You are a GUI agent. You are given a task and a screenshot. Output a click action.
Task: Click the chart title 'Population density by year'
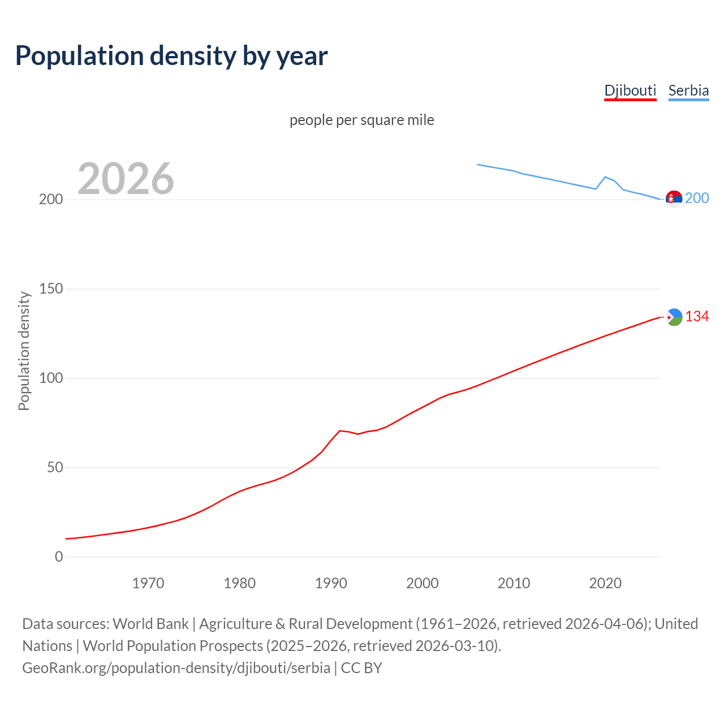(x=171, y=56)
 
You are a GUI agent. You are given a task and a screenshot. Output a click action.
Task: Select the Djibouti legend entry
(x=630, y=90)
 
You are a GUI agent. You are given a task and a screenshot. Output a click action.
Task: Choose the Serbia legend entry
(x=688, y=90)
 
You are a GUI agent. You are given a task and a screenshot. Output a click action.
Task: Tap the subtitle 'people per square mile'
(x=362, y=120)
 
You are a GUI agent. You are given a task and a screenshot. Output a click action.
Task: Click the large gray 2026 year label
(x=126, y=179)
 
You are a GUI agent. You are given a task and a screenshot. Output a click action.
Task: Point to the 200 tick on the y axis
(x=50, y=200)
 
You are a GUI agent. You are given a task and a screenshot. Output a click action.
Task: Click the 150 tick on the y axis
(x=50, y=289)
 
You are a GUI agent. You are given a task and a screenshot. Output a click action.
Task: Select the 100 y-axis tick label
(x=50, y=378)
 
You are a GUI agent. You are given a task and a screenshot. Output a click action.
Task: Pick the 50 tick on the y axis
(x=54, y=468)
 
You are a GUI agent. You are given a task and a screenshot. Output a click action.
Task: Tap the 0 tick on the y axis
(x=59, y=557)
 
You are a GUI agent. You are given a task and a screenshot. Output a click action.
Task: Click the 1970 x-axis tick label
(x=148, y=583)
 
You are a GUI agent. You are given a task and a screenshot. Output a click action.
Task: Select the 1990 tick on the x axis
(x=331, y=583)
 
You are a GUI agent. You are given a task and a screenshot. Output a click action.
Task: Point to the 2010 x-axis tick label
(x=514, y=583)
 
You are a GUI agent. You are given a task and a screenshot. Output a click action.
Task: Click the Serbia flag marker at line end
(x=674, y=199)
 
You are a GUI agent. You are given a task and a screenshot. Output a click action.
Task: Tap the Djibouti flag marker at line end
(x=674, y=317)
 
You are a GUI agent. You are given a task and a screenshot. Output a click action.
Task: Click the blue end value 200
(x=697, y=198)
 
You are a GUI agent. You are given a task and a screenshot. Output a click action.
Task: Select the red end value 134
(x=697, y=317)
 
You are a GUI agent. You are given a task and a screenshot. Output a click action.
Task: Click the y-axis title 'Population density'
(x=24, y=351)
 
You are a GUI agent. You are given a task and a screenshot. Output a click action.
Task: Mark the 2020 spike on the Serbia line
(x=605, y=177)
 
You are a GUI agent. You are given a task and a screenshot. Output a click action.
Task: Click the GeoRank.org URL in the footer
(x=176, y=668)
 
